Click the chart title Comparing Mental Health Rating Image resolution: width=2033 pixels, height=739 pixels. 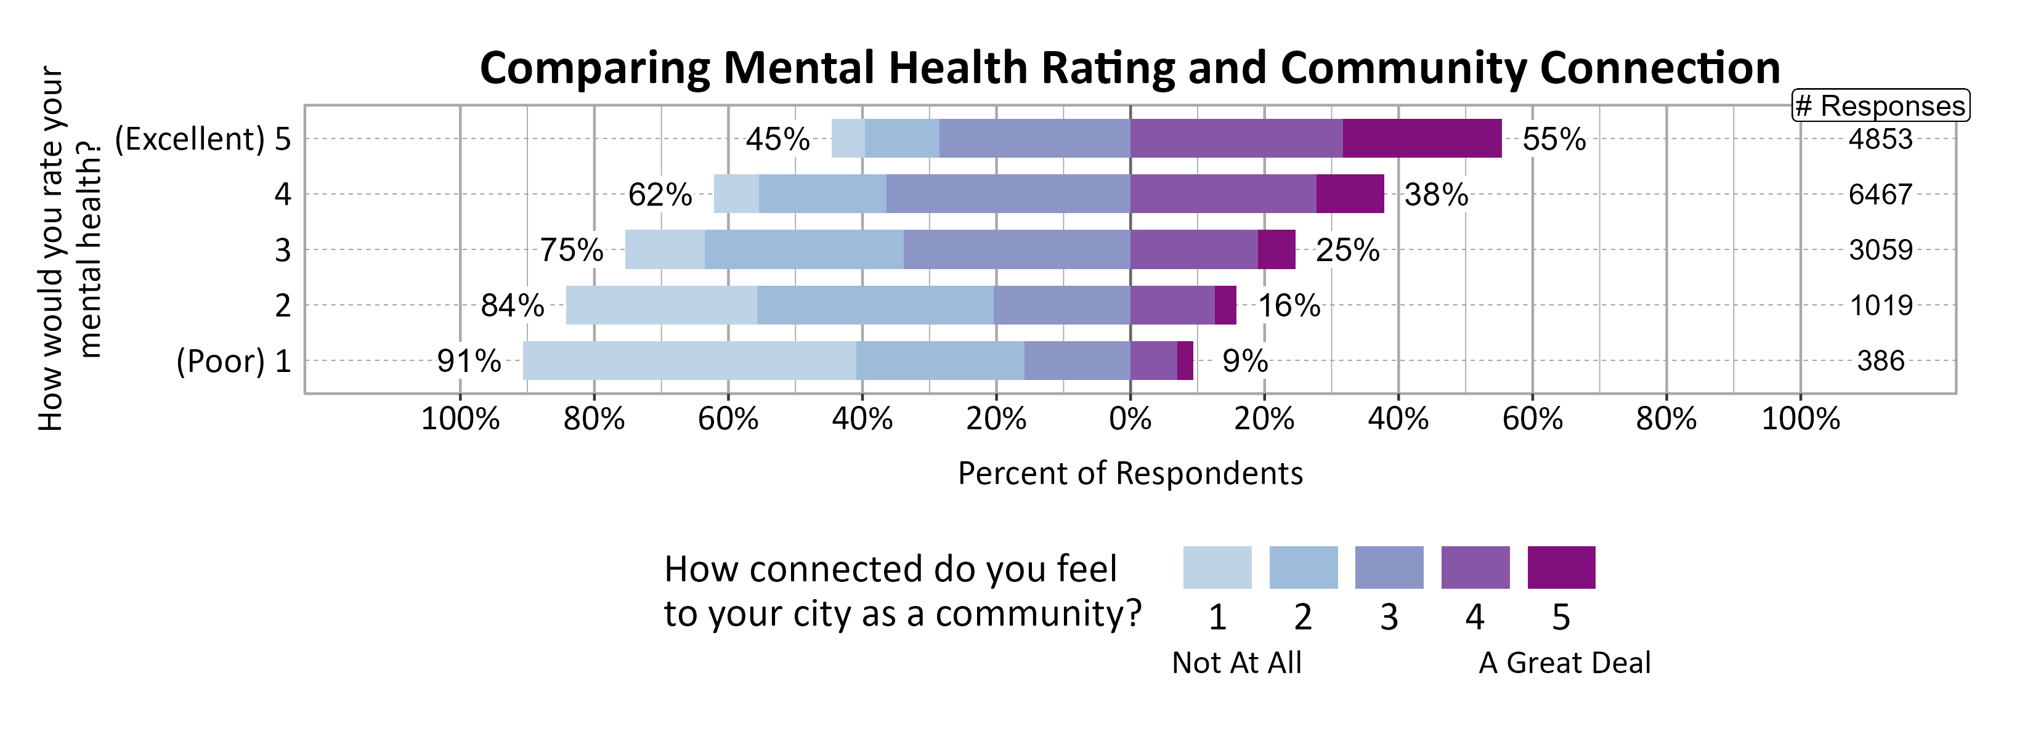point(1129,68)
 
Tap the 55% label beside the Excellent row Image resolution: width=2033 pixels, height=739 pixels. point(1553,140)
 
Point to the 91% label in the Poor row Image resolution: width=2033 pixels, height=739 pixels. point(469,361)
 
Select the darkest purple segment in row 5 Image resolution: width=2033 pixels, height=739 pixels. point(1421,139)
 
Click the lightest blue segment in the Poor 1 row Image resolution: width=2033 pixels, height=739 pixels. point(688,360)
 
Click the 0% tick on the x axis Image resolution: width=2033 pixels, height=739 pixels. point(1129,419)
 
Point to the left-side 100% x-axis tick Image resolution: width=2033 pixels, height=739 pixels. point(460,419)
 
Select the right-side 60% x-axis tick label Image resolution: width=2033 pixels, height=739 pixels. point(1532,419)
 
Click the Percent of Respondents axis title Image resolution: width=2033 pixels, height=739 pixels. point(1129,473)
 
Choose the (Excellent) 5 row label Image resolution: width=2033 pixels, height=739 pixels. point(203,140)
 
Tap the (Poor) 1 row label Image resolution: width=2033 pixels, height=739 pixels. point(233,361)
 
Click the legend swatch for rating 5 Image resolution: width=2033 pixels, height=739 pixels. point(1560,567)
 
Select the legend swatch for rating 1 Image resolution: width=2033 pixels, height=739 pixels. point(1216,567)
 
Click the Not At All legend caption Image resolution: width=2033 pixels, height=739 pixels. point(1236,663)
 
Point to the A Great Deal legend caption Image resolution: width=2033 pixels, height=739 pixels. point(1564,663)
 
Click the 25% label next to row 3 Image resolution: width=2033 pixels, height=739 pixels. point(1347,251)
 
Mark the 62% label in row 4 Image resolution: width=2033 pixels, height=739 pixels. point(660,195)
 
